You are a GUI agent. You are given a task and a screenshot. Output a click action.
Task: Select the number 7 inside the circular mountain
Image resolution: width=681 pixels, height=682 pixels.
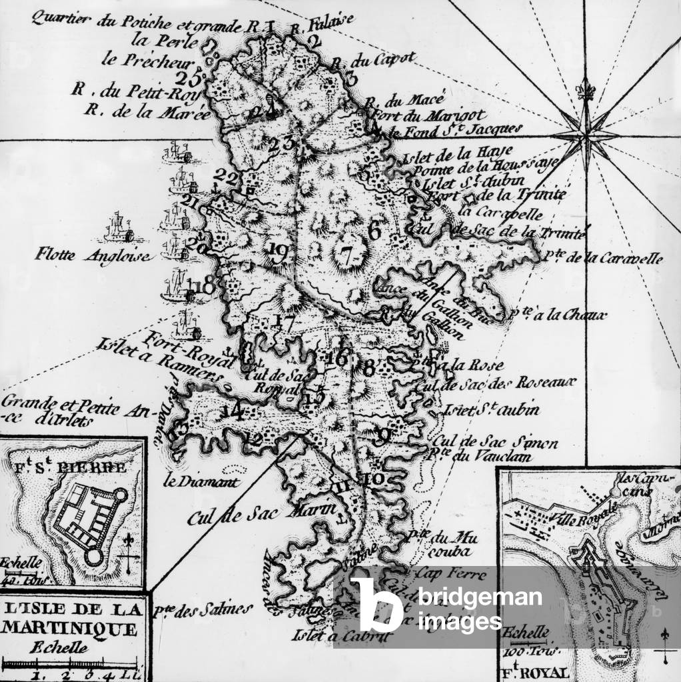point(345,254)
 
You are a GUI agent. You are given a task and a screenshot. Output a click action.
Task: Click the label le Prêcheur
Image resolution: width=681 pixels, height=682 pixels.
point(147,59)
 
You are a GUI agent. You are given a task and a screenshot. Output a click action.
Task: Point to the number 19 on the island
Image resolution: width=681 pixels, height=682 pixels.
point(278,251)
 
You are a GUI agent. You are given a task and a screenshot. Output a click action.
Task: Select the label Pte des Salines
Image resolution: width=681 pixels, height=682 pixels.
point(202,608)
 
